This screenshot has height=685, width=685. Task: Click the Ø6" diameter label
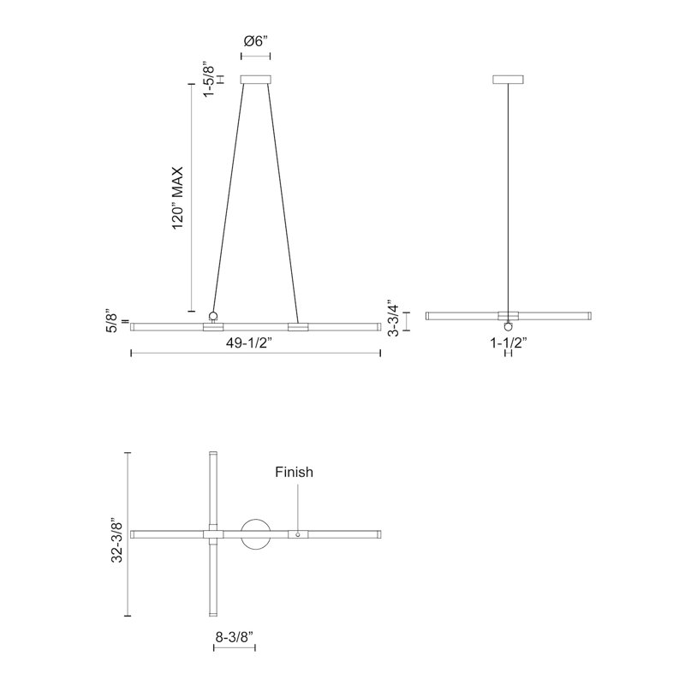(x=255, y=42)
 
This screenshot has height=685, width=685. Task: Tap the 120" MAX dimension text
(x=178, y=199)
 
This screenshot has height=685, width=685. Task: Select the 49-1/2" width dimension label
(x=249, y=343)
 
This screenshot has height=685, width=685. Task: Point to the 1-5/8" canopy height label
(x=210, y=80)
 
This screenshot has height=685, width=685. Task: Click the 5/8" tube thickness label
(x=112, y=323)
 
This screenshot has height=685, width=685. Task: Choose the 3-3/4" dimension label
(x=393, y=318)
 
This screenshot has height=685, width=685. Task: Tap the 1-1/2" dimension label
(x=509, y=343)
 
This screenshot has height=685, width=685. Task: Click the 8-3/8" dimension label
(x=235, y=637)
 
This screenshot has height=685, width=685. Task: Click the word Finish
(x=294, y=472)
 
